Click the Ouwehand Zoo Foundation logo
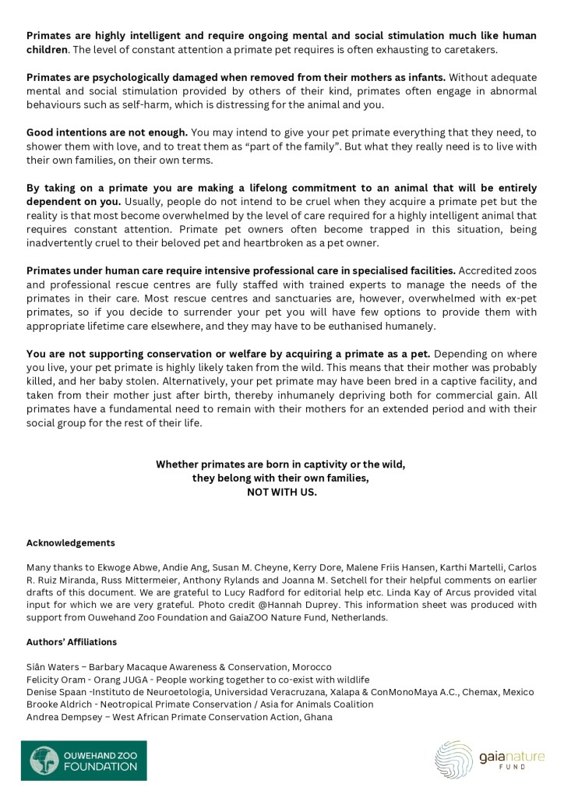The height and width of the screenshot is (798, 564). (x=83, y=760)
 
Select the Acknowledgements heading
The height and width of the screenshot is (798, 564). (x=71, y=542)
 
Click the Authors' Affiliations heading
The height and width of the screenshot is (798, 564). (x=72, y=641)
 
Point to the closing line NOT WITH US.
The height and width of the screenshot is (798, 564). (x=282, y=493)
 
